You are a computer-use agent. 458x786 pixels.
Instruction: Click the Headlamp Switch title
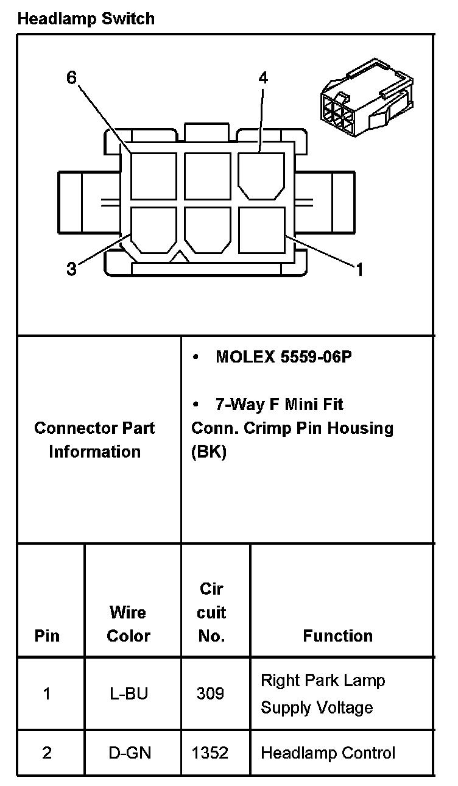click(x=86, y=19)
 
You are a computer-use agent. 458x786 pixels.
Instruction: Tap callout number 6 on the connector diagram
click(x=72, y=78)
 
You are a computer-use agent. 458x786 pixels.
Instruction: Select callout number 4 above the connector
click(x=263, y=78)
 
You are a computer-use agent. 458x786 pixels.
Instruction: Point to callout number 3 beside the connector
click(x=72, y=269)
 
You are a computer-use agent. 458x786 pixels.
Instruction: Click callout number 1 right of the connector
click(x=359, y=269)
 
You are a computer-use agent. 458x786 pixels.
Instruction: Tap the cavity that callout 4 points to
click(x=261, y=175)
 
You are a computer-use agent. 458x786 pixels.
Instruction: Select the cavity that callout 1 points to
click(x=261, y=230)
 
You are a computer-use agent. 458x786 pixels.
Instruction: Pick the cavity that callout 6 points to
click(x=153, y=175)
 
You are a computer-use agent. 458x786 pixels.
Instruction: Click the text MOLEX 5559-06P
click(x=283, y=357)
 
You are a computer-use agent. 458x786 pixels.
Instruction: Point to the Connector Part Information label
click(x=94, y=440)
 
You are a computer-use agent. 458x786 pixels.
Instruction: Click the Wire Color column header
click(x=128, y=624)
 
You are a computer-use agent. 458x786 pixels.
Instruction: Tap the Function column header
click(x=337, y=636)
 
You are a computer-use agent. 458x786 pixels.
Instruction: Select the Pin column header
click(x=47, y=636)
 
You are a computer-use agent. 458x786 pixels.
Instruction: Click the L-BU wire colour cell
click(x=128, y=694)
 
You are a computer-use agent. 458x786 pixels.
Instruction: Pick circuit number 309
click(x=211, y=694)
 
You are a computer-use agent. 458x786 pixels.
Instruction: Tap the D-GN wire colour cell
click(x=128, y=753)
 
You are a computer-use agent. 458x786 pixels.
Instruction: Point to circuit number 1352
click(x=211, y=753)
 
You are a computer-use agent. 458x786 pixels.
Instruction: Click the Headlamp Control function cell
click(x=328, y=753)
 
